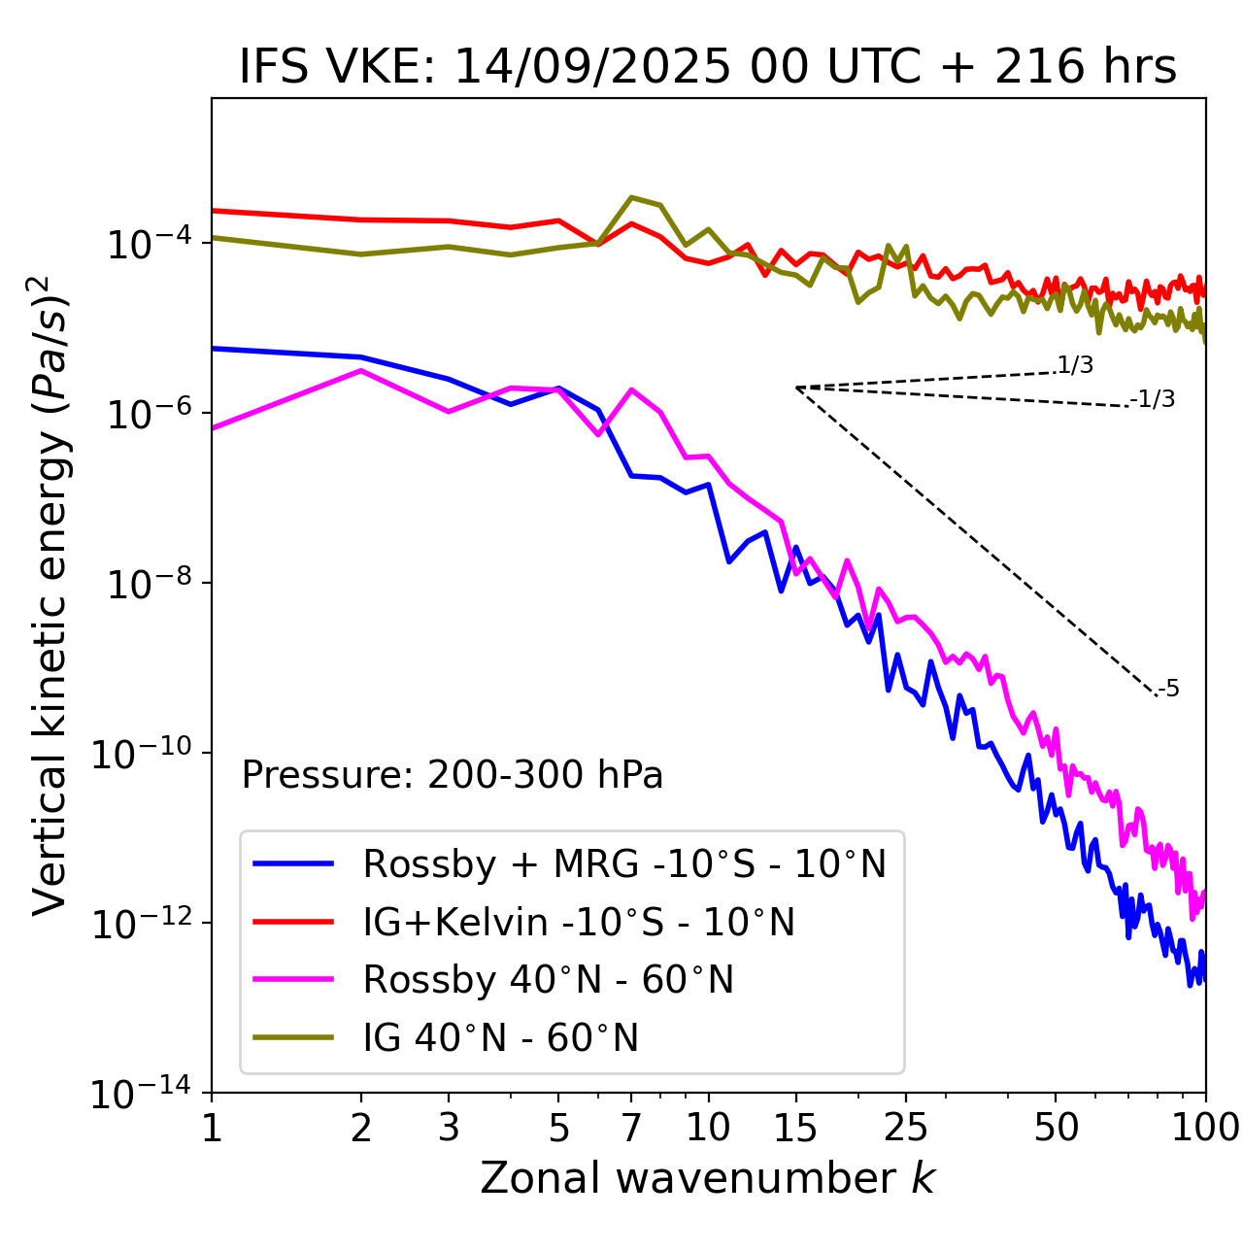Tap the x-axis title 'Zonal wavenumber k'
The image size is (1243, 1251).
tap(707, 1178)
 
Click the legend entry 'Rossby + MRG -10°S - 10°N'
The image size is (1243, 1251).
tap(624, 863)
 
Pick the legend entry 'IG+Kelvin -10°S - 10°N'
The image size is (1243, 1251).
tap(579, 922)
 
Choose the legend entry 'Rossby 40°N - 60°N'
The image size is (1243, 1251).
tap(548, 980)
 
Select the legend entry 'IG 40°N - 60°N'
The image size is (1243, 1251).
tap(500, 1038)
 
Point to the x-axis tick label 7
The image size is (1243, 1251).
tap(631, 1128)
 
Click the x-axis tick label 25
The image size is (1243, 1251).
tap(906, 1128)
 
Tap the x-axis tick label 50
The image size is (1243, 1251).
tap(1057, 1128)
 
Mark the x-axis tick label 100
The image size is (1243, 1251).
tap(1204, 1128)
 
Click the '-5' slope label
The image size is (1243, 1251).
tap(1169, 690)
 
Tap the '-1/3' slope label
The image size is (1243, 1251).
tap(1154, 399)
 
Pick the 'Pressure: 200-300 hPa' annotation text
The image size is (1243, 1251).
tap(452, 775)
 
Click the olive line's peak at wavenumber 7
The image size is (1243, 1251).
tap(631, 197)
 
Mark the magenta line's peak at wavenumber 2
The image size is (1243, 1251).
tap(361, 370)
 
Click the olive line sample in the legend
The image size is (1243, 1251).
tap(293, 1038)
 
